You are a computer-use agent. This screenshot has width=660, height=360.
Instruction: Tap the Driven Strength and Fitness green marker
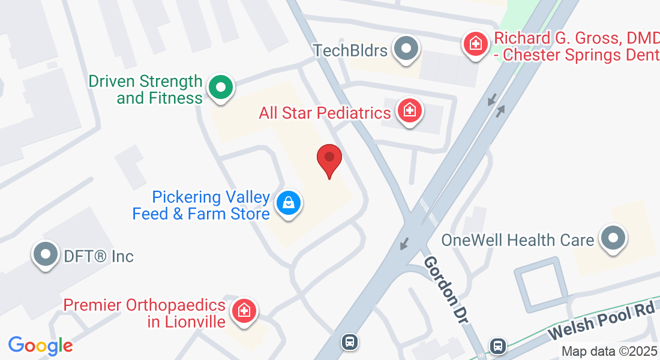(x=221, y=87)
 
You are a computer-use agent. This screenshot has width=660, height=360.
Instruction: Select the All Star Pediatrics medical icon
(x=410, y=111)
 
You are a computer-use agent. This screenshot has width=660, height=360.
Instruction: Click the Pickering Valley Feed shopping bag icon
(x=289, y=203)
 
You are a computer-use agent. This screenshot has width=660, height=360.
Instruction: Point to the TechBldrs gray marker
(x=407, y=49)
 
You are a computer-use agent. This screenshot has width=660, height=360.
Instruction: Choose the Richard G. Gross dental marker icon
(x=476, y=44)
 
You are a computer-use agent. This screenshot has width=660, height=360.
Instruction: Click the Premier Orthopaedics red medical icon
(x=245, y=311)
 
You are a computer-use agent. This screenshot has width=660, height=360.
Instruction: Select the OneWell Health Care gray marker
(x=613, y=238)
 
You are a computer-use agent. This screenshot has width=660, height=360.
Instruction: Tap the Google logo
(x=40, y=346)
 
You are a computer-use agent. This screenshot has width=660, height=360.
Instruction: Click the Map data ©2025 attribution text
(x=610, y=351)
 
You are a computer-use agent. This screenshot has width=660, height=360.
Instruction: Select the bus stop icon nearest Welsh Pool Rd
(x=497, y=346)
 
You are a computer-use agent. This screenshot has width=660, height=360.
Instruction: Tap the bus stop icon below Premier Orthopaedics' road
(x=349, y=342)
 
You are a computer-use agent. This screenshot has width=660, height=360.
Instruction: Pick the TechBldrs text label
(x=350, y=50)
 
